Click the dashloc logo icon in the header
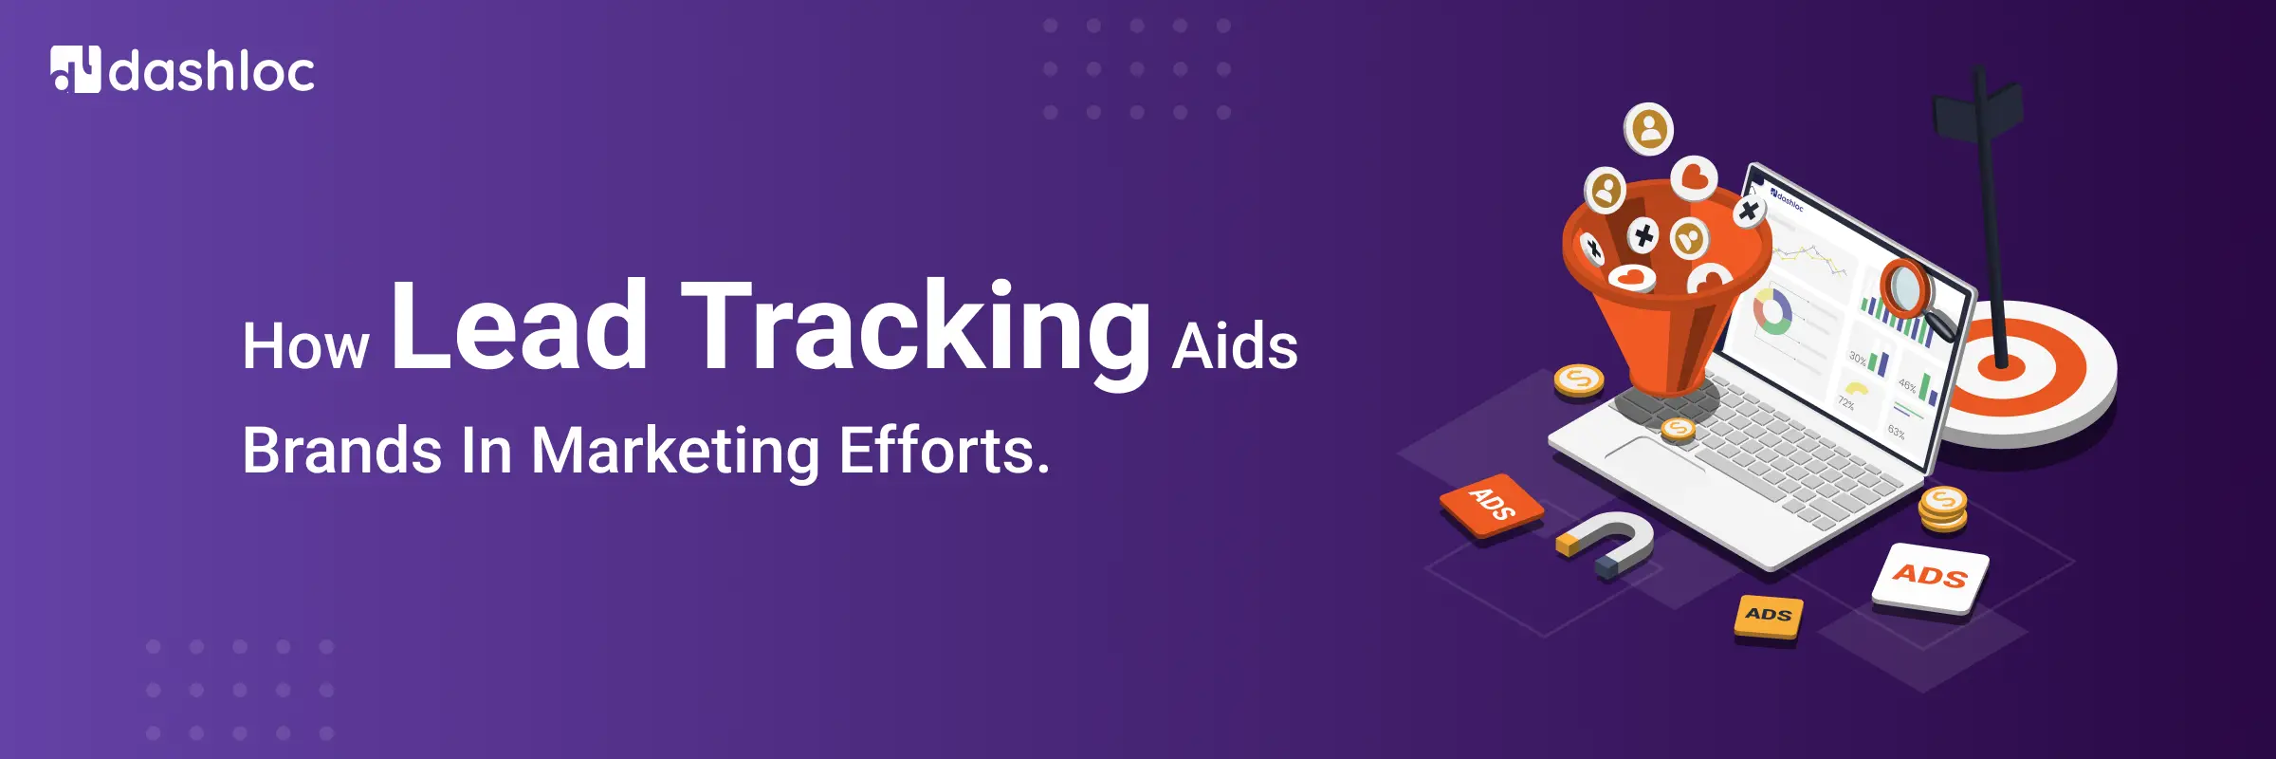(x=75, y=70)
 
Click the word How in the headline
(x=305, y=346)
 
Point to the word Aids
(x=1235, y=346)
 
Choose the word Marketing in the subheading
(x=675, y=452)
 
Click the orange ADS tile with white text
(x=1491, y=505)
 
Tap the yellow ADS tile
(x=1769, y=616)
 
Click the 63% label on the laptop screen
(x=1896, y=432)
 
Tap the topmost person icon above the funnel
(x=1650, y=129)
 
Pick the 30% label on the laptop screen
(x=1857, y=359)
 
